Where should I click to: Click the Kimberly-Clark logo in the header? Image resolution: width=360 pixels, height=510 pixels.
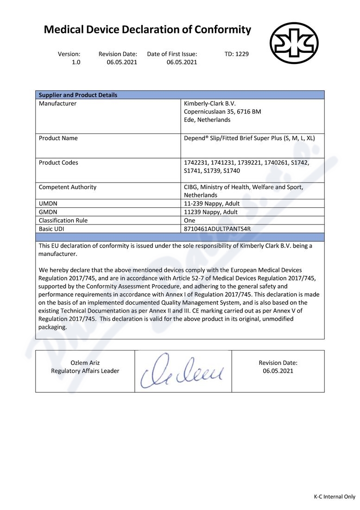[x=294, y=43]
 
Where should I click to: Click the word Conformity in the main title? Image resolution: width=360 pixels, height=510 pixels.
[x=222, y=30]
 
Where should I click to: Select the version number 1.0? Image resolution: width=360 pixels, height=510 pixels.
[x=76, y=62]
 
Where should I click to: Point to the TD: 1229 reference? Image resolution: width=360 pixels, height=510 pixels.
[x=236, y=54]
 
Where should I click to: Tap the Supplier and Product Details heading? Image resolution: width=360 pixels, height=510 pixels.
[x=78, y=95]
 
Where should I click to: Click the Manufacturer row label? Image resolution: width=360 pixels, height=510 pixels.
[x=57, y=103]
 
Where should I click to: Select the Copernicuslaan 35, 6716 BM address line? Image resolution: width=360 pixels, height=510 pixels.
[x=222, y=112]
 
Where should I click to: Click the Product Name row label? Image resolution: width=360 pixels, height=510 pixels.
[x=58, y=138]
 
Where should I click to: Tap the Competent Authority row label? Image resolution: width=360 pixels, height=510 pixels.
[x=68, y=187]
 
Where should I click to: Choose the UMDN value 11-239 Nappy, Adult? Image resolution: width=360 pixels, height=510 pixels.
[x=211, y=204]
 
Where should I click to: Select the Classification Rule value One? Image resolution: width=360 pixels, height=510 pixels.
[x=189, y=220]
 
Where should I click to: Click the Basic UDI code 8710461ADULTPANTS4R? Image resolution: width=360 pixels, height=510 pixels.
[x=217, y=229]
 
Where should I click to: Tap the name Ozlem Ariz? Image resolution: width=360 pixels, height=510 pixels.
[x=85, y=363]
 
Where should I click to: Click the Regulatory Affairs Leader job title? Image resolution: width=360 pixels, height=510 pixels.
[x=85, y=371]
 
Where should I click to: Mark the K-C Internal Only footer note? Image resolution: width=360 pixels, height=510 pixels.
[x=334, y=497]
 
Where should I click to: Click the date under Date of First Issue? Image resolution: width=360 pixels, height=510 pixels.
[x=182, y=62]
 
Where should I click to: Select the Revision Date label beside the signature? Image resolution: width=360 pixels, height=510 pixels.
[x=278, y=363]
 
